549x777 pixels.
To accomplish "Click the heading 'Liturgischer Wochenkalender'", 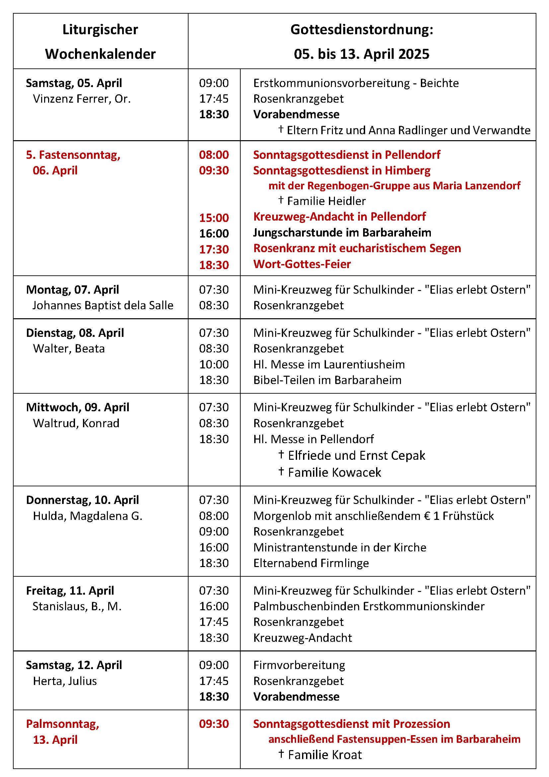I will tap(100, 42).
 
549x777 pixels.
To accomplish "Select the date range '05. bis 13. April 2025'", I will tap(361, 54).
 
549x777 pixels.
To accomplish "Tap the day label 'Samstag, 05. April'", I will tap(74, 83).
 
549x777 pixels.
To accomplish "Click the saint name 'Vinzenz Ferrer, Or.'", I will tap(81, 99).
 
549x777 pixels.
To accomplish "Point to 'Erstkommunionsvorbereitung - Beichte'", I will tap(356, 83).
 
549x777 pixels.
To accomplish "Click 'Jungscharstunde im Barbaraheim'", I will tap(342, 233).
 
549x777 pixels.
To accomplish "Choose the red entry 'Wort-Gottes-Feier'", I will tap(302, 264).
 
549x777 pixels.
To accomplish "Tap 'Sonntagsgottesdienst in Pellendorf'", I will tap(347, 155).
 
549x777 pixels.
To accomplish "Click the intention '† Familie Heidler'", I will tap(322, 201).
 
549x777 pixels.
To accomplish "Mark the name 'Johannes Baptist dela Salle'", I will tap(103, 305).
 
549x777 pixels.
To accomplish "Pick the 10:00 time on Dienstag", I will tap(214, 364).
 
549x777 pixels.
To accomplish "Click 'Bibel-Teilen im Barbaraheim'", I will tap(327, 380).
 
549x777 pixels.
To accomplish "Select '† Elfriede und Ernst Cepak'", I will tap(352, 455).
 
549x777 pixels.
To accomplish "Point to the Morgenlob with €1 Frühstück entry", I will tap(373, 516).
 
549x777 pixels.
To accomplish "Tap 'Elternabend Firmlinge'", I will tap(311, 563).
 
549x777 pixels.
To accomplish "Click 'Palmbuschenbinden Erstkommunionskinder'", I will tap(369, 606).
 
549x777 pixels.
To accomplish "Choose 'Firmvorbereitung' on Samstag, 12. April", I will tap(299, 665).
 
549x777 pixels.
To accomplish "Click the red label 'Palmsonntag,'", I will tap(62, 724).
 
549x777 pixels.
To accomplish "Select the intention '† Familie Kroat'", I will tap(320, 755).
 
